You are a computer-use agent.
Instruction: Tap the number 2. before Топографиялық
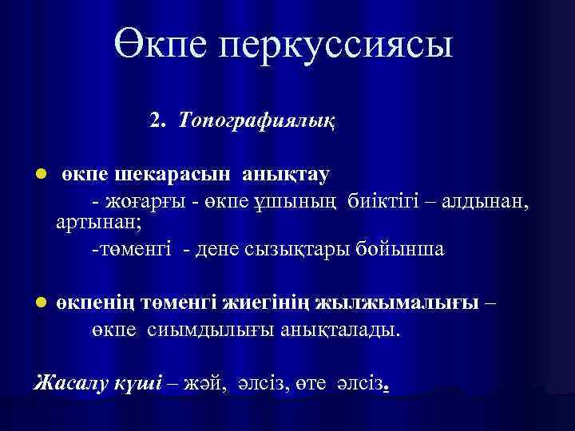coord(157,120)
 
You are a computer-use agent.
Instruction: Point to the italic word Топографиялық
coord(257,121)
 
